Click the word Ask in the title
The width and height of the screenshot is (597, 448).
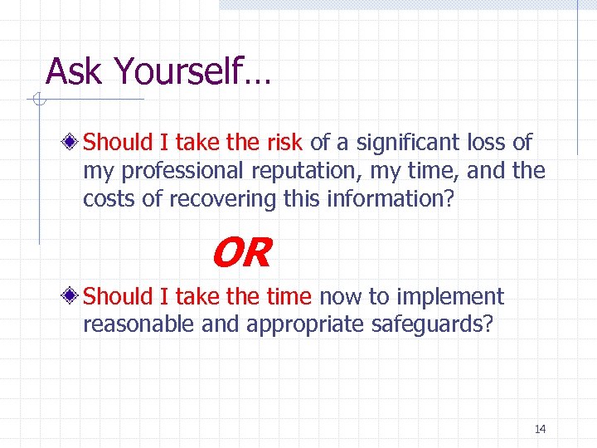point(75,71)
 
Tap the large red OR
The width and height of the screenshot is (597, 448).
point(240,253)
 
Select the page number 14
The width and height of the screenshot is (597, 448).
point(540,429)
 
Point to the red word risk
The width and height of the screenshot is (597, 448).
point(286,143)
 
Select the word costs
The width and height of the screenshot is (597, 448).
point(108,199)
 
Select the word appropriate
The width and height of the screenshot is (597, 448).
point(298,325)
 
